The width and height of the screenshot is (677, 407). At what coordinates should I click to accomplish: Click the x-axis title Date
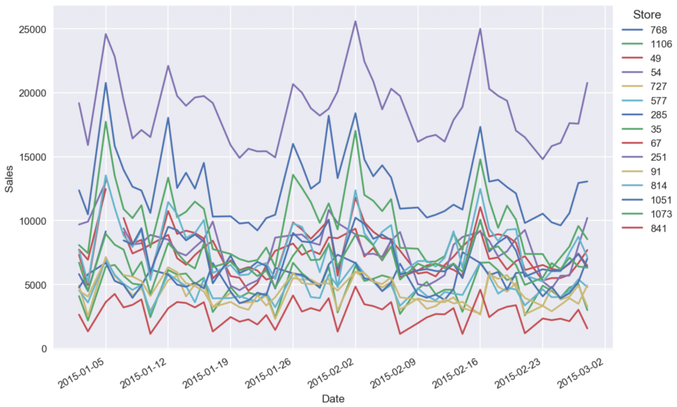(x=333, y=398)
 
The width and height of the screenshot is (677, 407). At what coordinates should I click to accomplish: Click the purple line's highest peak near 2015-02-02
(x=355, y=21)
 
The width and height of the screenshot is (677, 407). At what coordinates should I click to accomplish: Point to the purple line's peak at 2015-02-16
(x=480, y=28)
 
